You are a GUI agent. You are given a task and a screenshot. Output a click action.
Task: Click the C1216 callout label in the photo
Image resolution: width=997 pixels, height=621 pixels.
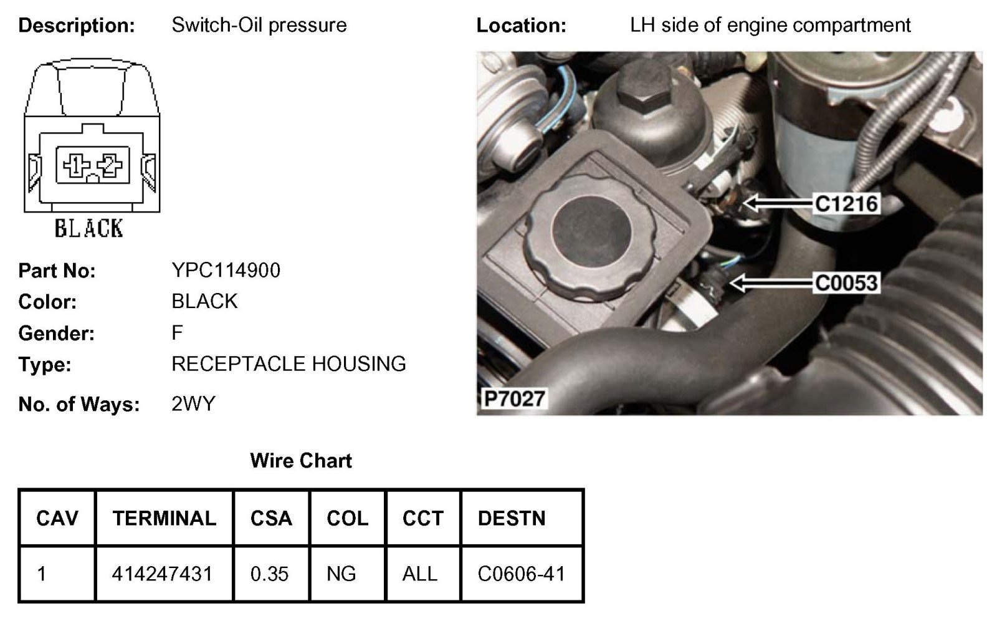tap(846, 203)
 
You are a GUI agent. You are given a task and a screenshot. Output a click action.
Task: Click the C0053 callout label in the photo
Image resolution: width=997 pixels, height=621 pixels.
tap(846, 283)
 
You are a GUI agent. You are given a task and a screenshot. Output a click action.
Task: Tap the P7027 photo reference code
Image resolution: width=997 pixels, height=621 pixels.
tap(515, 398)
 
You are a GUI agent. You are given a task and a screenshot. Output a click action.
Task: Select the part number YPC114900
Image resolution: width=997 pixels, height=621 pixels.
tap(226, 270)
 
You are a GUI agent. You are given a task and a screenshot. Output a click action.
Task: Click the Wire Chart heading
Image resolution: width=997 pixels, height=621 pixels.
tap(301, 461)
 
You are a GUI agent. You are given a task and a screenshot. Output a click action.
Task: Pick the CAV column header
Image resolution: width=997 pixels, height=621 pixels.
tap(57, 518)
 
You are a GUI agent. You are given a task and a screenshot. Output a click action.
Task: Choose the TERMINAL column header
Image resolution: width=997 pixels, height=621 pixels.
tap(165, 518)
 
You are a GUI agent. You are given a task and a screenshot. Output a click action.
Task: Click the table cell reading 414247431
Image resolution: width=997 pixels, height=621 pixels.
tap(162, 574)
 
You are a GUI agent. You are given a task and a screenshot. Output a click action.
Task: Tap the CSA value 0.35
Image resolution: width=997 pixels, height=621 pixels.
tap(270, 574)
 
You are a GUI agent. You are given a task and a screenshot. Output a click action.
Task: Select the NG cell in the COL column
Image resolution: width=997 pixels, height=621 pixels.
tap(341, 574)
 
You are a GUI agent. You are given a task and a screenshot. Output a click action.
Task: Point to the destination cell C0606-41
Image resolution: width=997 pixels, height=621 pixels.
tap(522, 574)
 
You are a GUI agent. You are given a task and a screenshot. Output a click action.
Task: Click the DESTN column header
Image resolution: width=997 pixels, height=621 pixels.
tap(512, 518)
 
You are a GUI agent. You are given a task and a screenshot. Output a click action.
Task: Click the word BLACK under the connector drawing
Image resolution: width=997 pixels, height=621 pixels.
tap(89, 229)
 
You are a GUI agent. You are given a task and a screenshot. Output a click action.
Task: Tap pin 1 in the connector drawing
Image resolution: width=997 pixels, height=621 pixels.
tap(75, 165)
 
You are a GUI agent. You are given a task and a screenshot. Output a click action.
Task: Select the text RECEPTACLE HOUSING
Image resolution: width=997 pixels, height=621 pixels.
tap(289, 363)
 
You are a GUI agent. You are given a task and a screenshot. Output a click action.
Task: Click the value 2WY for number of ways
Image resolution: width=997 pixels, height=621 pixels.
tap(193, 404)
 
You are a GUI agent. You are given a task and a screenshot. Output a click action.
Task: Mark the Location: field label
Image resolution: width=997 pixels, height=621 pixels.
tap(521, 26)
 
